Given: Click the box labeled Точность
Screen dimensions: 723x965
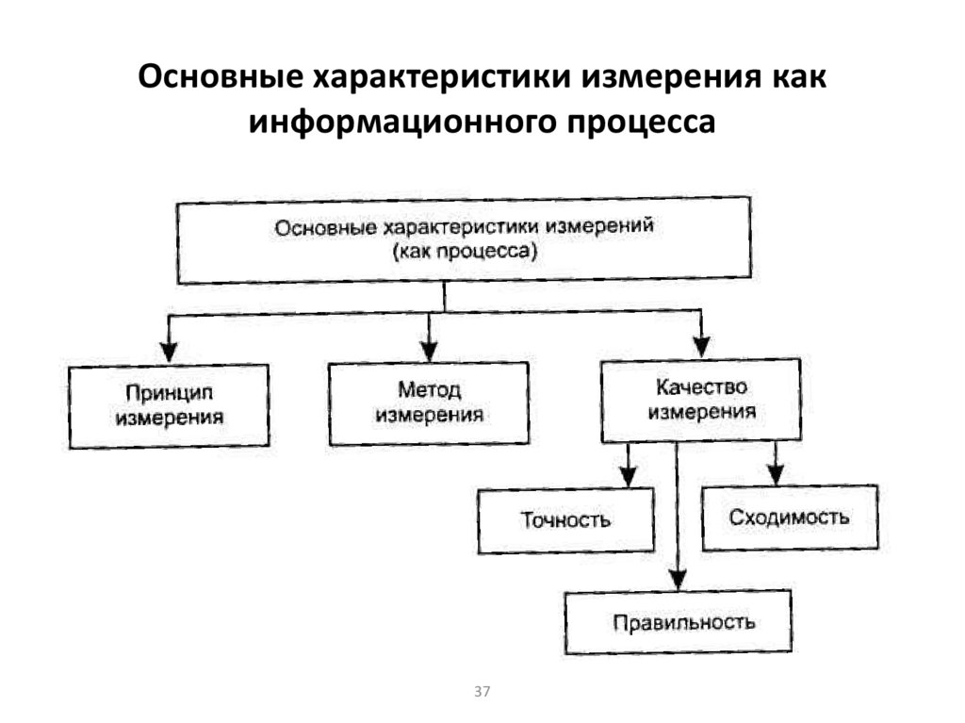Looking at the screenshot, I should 565,519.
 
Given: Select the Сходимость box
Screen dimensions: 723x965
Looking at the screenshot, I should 790,517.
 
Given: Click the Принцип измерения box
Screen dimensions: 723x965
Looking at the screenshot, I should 170,405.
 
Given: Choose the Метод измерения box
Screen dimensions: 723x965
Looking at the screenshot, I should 429,403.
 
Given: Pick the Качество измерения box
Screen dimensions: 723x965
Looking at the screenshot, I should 701,400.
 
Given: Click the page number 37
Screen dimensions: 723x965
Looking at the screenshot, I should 482,692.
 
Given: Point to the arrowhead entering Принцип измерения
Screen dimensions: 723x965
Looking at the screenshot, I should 169,351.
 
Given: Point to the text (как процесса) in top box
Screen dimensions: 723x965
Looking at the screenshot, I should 465,252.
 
